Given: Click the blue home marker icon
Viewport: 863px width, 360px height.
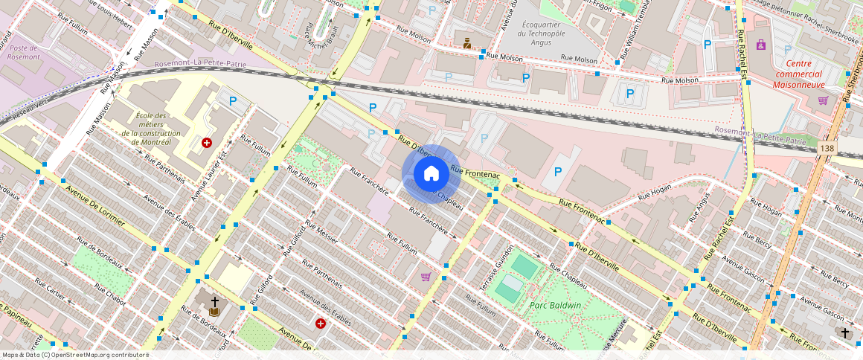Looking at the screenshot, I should pyautogui.click(x=431, y=173).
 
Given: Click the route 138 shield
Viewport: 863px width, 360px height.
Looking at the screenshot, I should pyautogui.click(x=827, y=150).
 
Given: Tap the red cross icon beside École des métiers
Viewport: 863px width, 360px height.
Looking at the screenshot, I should pyautogui.click(x=207, y=142).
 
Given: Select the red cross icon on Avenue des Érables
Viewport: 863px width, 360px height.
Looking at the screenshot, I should pyautogui.click(x=321, y=324).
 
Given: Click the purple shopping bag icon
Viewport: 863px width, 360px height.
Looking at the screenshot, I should pyautogui.click(x=761, y=45).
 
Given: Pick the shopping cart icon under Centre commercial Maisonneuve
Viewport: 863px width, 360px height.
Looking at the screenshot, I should pyautogui.click(x=823, y=100).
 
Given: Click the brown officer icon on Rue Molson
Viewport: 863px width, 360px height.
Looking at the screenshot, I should pyautogui.click(x=467, y=44).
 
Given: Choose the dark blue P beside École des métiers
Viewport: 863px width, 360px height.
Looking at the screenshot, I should pyautogui.click(x=233, y=101).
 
